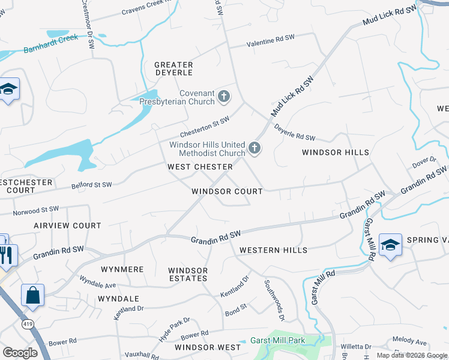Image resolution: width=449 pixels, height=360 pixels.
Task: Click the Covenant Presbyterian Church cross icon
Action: click(x=223, y=96)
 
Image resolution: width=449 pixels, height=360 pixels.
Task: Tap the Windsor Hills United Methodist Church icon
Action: click(x=255, y=148)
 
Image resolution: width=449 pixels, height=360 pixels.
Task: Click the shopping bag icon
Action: click(x=32, y=295)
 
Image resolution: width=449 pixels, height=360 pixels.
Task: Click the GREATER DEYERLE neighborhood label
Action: click(x=173, y=68)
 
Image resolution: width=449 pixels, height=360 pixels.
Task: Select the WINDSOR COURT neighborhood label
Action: click(x=227, y=191)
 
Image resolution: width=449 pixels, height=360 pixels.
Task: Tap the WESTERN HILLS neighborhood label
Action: click(x=273, y=250)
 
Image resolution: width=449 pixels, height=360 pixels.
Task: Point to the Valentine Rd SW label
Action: click(x=271, y=41)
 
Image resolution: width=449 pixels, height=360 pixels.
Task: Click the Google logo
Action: click(x=20, y=352)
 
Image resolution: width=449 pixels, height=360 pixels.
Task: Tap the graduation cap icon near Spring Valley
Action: click(x=390, y=245)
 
